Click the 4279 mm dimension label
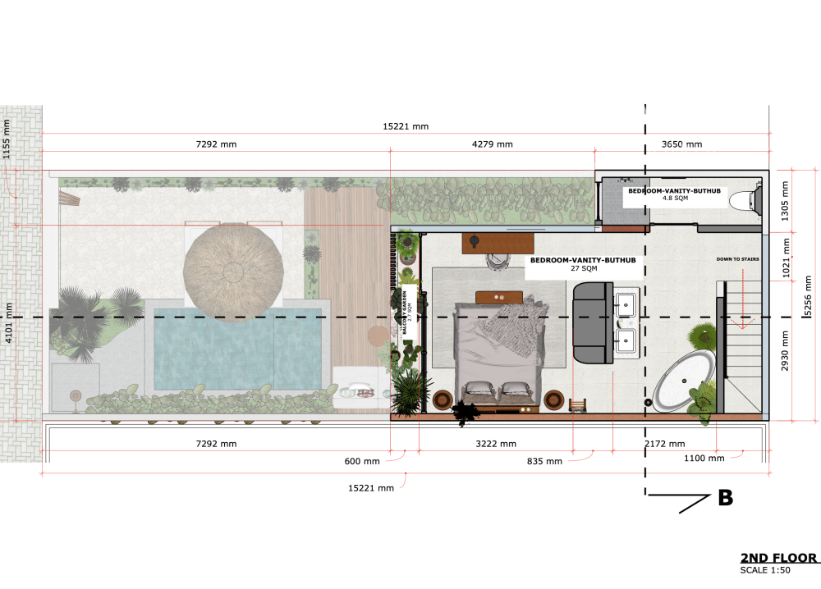tap(493, 144)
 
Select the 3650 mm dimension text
tap(681, 144)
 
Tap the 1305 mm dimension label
tap(786, 199)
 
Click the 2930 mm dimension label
tap(786, 350)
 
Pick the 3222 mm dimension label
tap(496, 444)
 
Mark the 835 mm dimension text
tap(544, 461)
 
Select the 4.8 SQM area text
tap(675, 198)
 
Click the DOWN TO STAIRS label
tap(737, 259)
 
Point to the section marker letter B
tap(725, 498)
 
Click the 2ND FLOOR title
tap(778, 559)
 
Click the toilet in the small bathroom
tap(743, 200)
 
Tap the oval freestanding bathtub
tap(683, 381)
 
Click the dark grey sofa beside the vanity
tap(589, 322)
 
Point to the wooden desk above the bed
tap(498, 242)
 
